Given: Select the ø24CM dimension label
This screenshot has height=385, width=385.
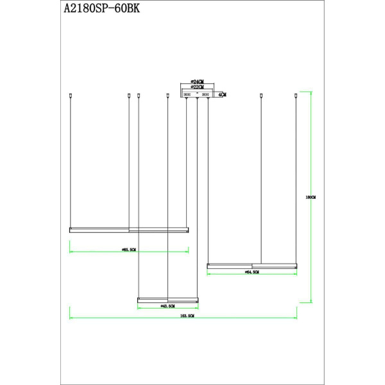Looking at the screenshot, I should pos(196,82).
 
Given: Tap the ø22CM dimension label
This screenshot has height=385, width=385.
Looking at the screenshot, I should pos(196,88).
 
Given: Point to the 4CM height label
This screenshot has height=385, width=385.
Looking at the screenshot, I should pos(222,94).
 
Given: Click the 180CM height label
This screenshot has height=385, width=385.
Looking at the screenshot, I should pos(311,198).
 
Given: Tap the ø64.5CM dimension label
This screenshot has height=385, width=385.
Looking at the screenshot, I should pos(251,273).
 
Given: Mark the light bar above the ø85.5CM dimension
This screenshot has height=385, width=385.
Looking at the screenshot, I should pos(128,229).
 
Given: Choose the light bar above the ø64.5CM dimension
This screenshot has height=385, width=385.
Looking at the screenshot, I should pos(252,264).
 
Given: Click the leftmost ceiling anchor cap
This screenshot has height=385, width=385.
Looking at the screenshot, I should pos(69,96).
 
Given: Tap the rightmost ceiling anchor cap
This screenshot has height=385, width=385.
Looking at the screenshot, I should pos(296,96).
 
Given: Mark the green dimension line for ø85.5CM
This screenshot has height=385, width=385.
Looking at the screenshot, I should pos(96,252).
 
